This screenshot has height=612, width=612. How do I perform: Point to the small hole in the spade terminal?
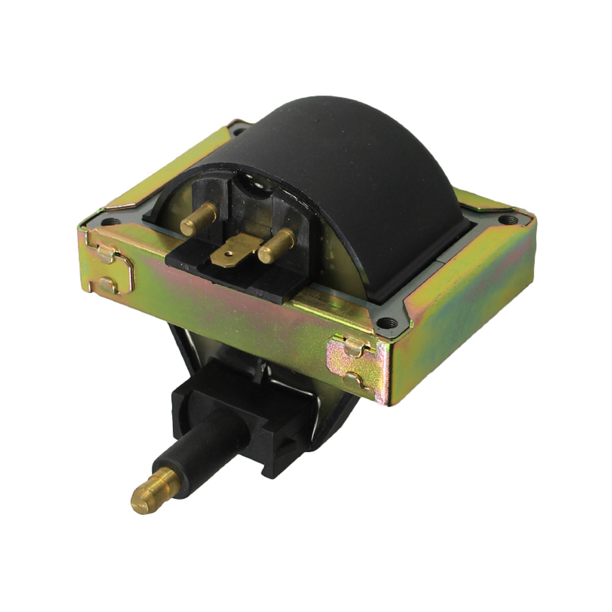(231, 252)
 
